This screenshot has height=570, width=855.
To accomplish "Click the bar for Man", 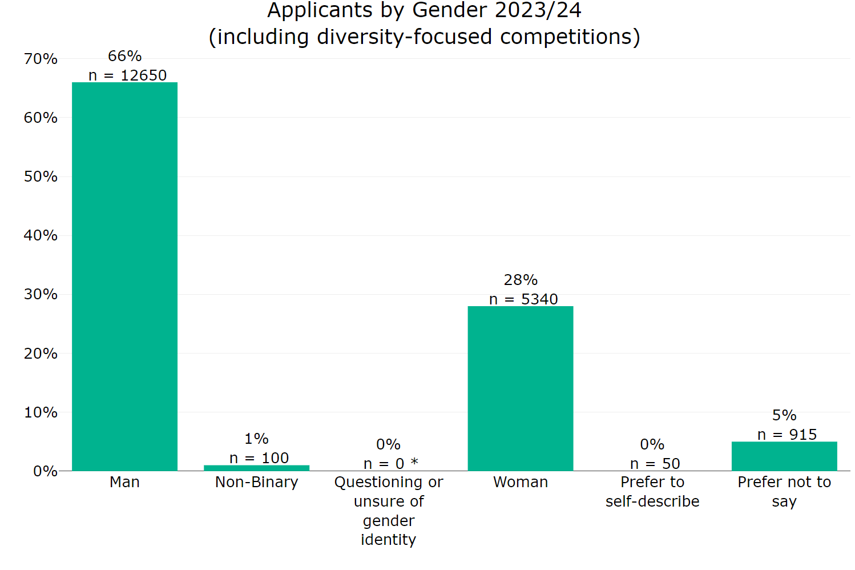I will click(x=124, y=276).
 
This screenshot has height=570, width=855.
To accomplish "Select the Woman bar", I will click(x=520, y=388).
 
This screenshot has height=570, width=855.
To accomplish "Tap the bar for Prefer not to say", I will click(x=784, y=456).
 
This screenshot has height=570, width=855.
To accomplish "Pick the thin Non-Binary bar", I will click(x=256, y=468).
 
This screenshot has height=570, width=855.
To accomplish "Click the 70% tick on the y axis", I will click(x=41, y=59).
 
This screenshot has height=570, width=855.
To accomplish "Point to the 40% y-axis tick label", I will click(x=41, y=235).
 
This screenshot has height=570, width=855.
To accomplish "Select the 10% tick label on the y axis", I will click(x=41, y=412).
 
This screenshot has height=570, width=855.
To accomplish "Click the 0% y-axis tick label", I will click(x=45, y=471).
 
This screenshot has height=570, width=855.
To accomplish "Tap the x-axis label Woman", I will click(x=520, y=482).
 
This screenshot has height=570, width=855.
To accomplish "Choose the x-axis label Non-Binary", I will click(x=256, y=482).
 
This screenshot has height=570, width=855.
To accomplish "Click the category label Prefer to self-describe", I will click(x=652, y=492).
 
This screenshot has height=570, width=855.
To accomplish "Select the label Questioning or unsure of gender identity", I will click(x=388, y=511).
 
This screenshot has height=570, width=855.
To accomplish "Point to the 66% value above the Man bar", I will click(x=124, y=56).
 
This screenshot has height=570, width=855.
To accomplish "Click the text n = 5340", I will click(x=523, y=299).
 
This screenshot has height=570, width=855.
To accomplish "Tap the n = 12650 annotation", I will click(x=127, y=75).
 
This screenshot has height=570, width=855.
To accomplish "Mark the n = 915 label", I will click(x=787, y=435).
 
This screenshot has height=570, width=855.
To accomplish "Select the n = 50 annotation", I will click(x=655, y=464).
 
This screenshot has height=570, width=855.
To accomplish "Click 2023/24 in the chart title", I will click(x=539, y=10).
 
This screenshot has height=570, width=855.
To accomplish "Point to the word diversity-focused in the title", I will click(x=404, y=37).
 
